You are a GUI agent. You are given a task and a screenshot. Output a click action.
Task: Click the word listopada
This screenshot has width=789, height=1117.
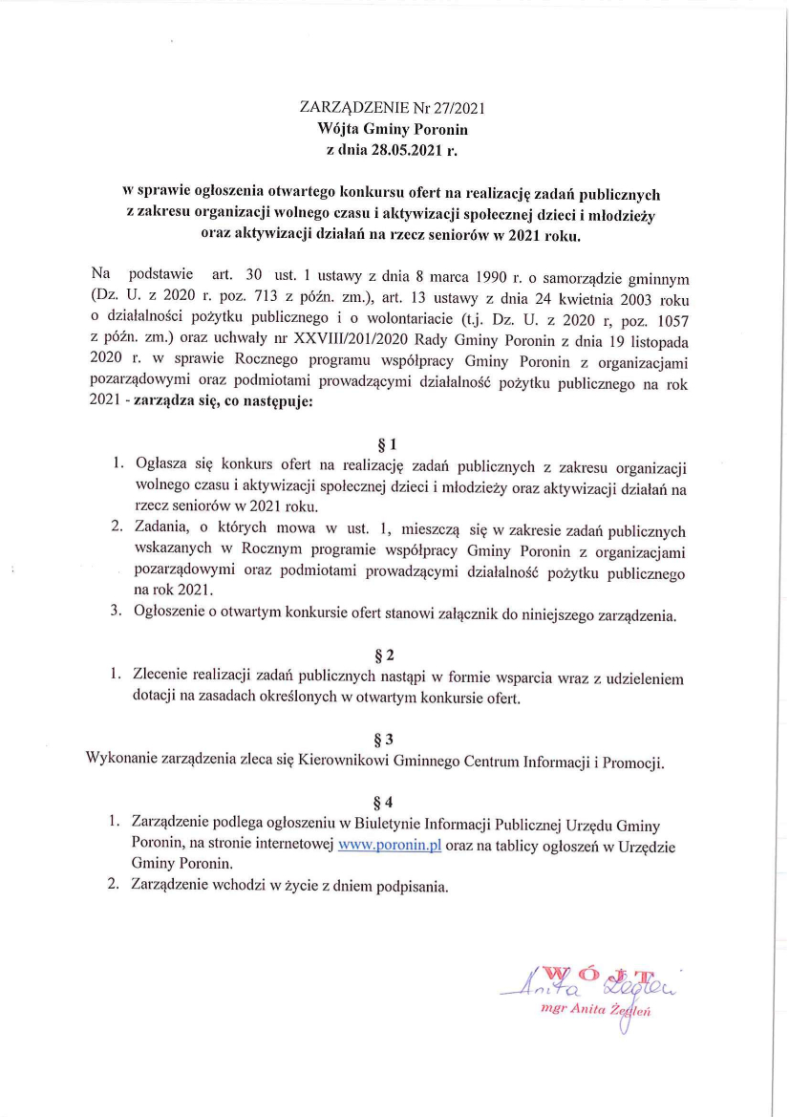(653, 340)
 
